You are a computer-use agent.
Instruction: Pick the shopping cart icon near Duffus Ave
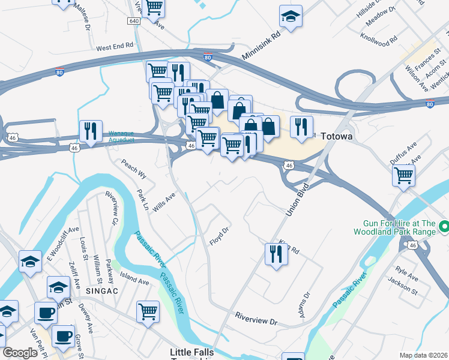(404, 175)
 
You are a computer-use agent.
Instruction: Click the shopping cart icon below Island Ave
(148, 311)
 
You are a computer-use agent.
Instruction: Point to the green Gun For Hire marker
(444, 227)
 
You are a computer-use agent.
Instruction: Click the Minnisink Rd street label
(262, 46)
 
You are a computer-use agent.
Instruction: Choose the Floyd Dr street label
(220, 236)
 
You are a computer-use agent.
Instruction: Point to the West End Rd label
(114, 46)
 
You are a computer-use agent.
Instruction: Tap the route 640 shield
(133, 21)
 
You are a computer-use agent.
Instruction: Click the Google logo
(20, 353)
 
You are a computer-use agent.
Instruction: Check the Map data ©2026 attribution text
(423, 355)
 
